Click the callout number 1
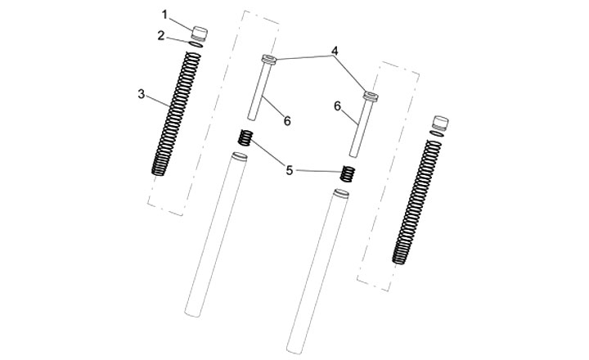point(164,15)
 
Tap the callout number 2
point(161,36)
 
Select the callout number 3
point(142,94)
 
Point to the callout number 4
point(335,51)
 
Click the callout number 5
point(289,170)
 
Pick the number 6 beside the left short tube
point(287,120)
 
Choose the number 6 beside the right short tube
point(337,106)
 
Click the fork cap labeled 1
point(200,34)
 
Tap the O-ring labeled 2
point(196,45)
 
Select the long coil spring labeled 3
point(176,114)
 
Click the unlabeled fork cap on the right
point(440,124)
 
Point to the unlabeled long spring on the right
point(417,202)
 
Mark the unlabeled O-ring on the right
point(437,134)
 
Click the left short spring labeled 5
point(245,138)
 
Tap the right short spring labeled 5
point(348,173)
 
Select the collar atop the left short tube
point(269,60)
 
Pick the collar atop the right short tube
point(371,97)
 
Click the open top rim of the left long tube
point(239,156)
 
